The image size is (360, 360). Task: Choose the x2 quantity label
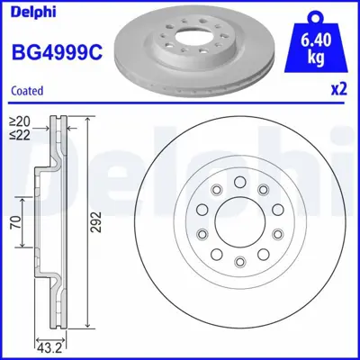[337, 90]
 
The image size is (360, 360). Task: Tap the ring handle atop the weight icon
[315, 17]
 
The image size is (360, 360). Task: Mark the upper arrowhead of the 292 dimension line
[87, 121]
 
